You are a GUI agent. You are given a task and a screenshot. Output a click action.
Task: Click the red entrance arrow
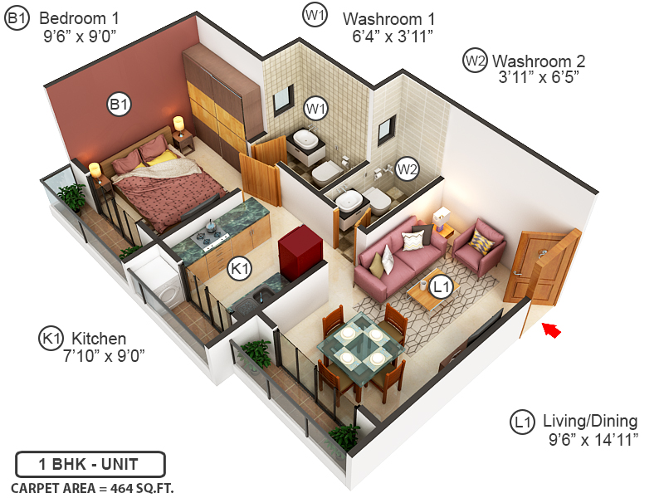click(552, 330)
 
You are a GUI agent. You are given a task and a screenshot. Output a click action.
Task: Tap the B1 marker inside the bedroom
click(118, 105)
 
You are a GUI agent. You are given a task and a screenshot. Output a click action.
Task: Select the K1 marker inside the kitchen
click(240, 269)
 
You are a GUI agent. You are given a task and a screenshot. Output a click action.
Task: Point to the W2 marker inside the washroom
click(406, 169)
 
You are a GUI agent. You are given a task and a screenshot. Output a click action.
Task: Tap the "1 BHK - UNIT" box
click(90, 463)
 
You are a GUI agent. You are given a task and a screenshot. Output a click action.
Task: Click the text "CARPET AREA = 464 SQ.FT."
click(92, 487)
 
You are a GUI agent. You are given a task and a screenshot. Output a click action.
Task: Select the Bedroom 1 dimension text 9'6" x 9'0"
click(80, 37)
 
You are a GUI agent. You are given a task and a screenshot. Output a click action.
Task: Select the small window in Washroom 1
click(283, 99)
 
